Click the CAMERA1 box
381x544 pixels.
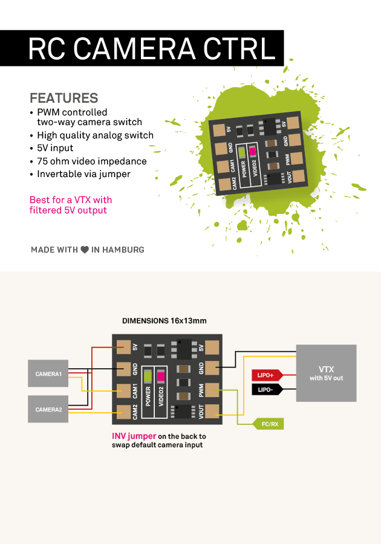pyautogui.click(x=48, y=374)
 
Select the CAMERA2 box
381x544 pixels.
pyautogui.click(x=48, y=409)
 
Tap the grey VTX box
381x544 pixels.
pyautogui.click(x=326, y=372)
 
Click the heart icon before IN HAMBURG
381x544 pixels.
pyautogui.click(x=85, y=249)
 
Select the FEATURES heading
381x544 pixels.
pyautogui.click(x=63, y=98)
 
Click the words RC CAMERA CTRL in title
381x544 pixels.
pyautogui.click(x=151, y=48)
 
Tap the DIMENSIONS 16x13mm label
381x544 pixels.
pyautogui.click(x=164, y=321)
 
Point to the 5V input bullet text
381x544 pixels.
pyautogui.click(x=55, y=148)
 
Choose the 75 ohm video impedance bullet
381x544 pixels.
pyautogui.click(x=91, y=161)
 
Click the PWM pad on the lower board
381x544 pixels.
pyautogui.click(x=212, y=389)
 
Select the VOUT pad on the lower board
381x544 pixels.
pyautogui.click(x=212, y=411)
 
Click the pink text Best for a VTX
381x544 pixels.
pyautogui.click(x=71, y=199)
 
